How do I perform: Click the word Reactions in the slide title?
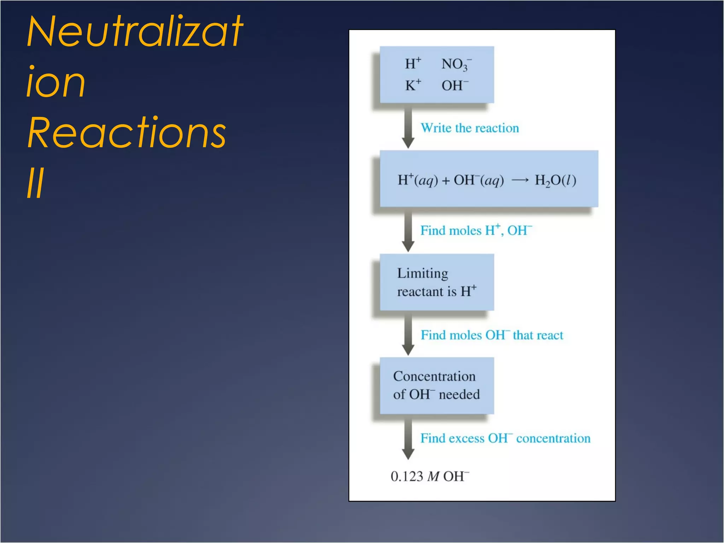(x=127, y=133)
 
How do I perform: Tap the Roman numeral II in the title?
(x=35, y=183)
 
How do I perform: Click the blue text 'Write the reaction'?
(x=469, y=128)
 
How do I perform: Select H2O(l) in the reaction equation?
(x=555, y=180)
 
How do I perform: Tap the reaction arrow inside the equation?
(x=520, y=181)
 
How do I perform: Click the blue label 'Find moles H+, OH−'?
(x=476, y=230)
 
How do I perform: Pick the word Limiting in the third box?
(x=422, y=273)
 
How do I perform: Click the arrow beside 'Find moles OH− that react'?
(x=408, y=334)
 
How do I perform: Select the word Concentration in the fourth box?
(x=434, y=376)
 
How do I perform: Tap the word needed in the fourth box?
(x=459, y=395)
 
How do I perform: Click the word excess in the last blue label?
(x=467, y=438)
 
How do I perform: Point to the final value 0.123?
(x=407, y=477)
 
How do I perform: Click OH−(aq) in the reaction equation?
(x=479, y=180)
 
